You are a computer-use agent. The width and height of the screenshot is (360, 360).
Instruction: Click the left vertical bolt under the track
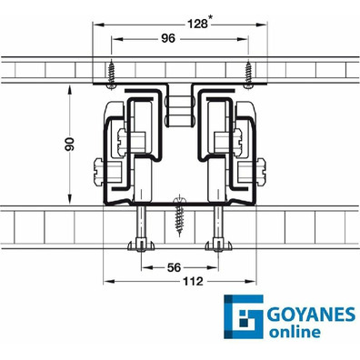coord(144,227)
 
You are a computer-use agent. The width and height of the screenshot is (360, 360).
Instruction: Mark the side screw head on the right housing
coord(263,167)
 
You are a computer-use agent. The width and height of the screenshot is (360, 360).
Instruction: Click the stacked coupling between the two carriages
coord(179,110)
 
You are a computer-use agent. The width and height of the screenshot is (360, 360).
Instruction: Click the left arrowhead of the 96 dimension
coord(114,39)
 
